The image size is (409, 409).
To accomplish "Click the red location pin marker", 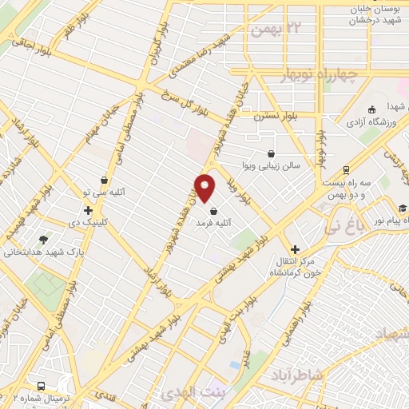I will (x=205, y=188).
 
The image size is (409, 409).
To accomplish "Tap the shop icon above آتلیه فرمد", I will (x=212, y=210).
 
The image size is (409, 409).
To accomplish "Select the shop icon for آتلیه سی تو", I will (x=105, y=180).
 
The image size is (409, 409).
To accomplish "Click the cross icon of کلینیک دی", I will (x=88, y=210).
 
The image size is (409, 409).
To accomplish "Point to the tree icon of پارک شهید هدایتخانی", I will (x=42, y=238).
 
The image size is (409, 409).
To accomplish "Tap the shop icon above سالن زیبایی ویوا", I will (x=272, y=153).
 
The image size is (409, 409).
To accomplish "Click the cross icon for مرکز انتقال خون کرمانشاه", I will (x=295, y=249).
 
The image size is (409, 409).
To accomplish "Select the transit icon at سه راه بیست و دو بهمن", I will (x=345, y=169).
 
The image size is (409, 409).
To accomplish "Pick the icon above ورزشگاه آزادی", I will (x=371, y=109).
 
